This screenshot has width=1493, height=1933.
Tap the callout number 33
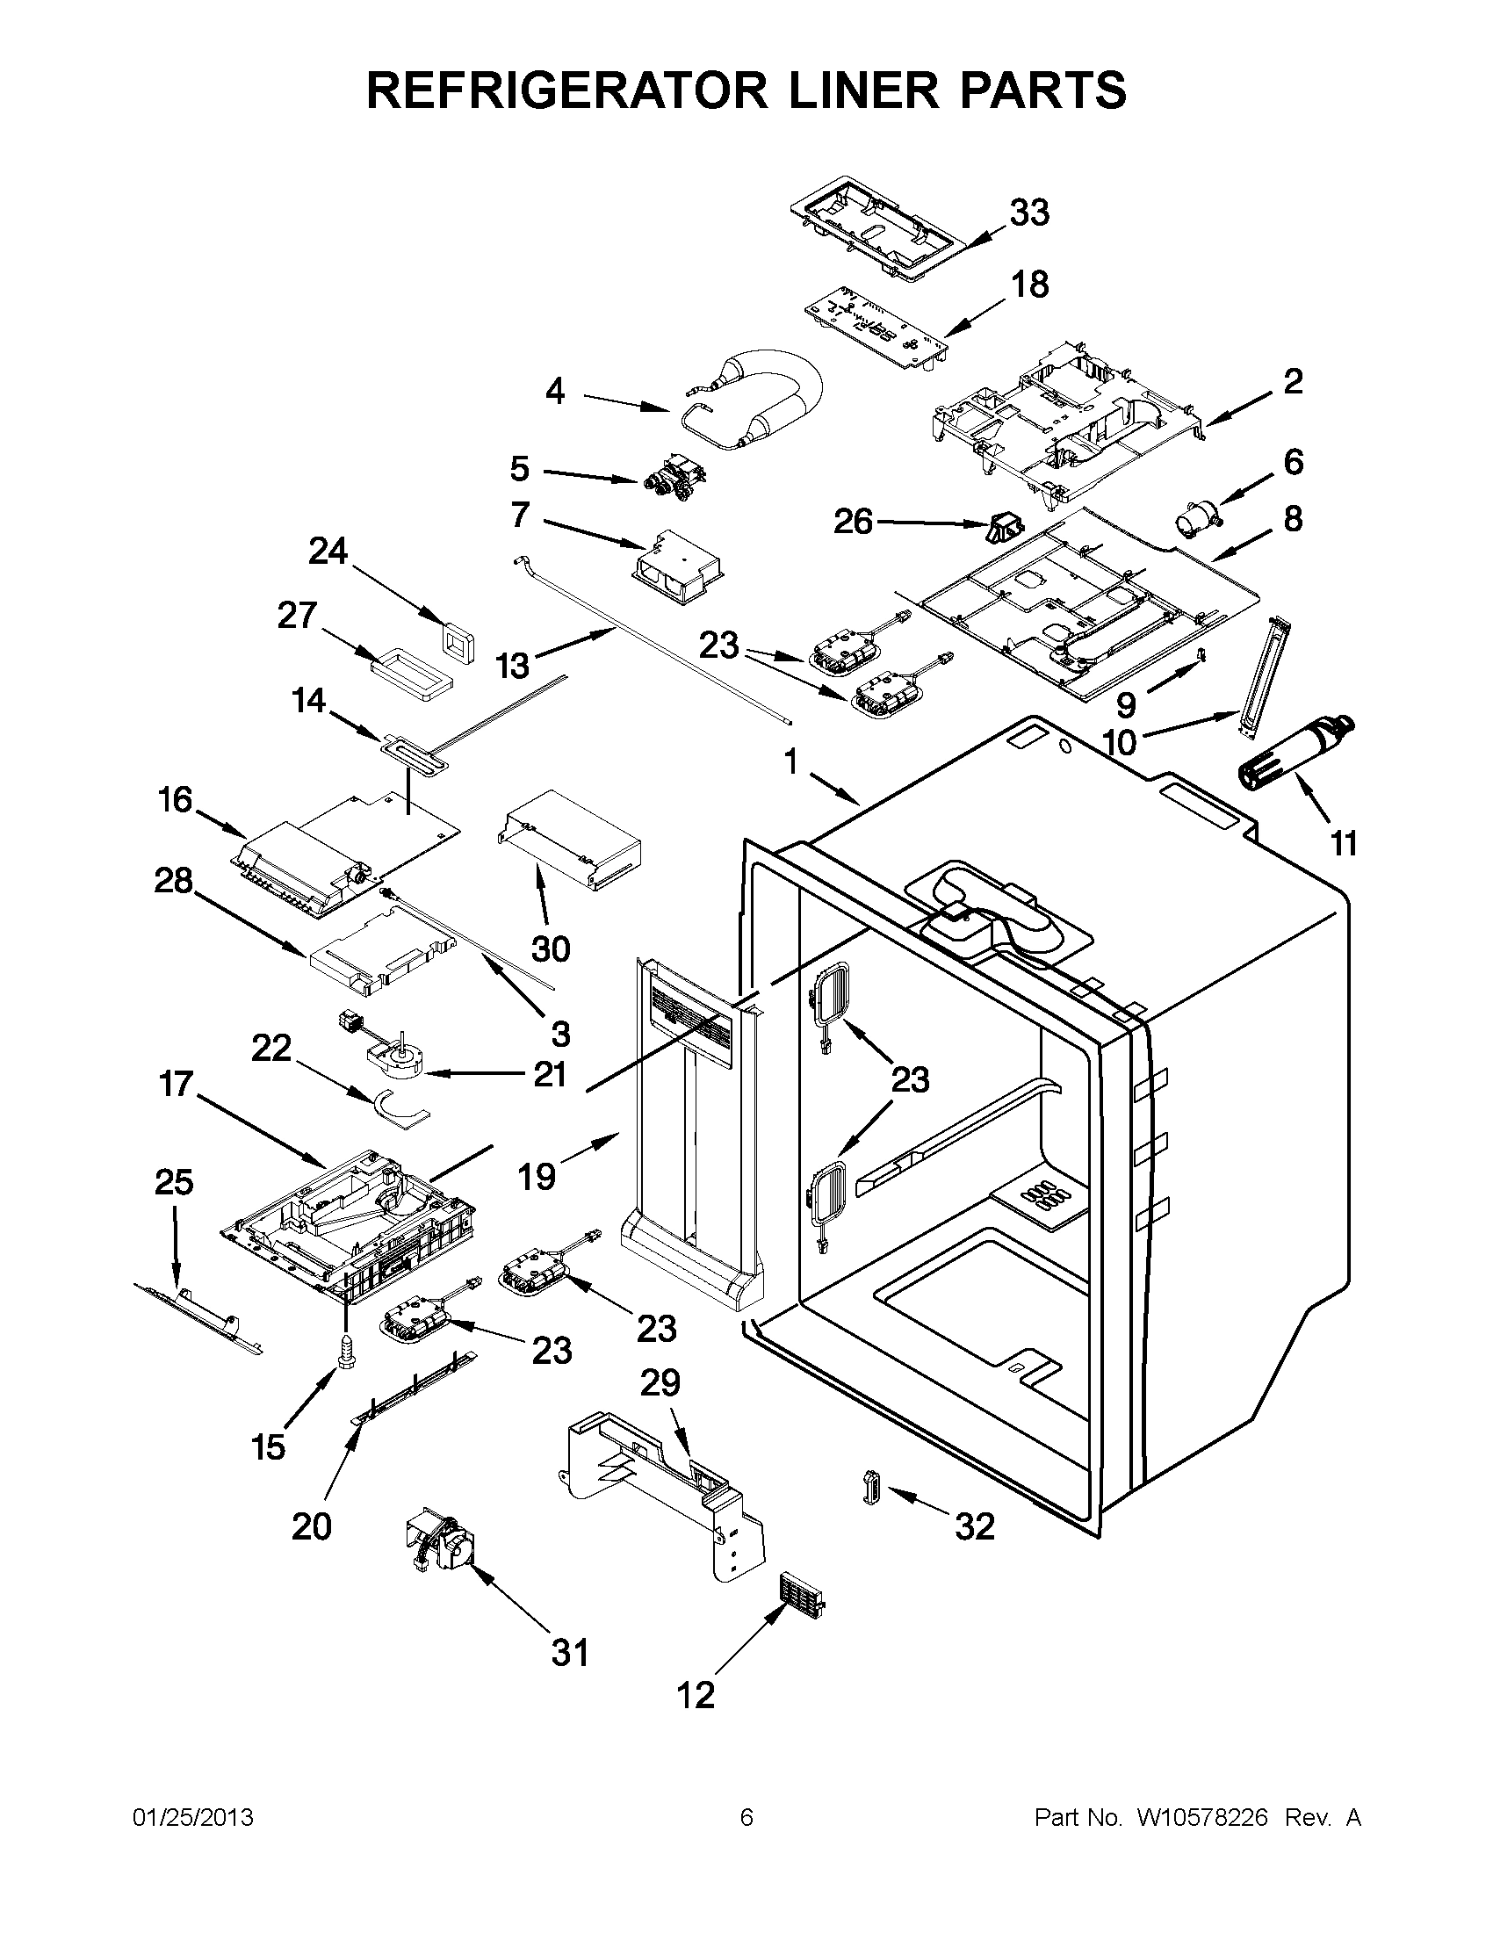click(1029, 213)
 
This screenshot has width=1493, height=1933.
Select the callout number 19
click(537, 1176)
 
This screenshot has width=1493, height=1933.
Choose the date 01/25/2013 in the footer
click(193, 1818)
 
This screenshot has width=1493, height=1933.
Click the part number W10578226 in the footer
click(1200, 1818)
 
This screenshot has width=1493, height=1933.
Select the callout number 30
click(550, 948)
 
